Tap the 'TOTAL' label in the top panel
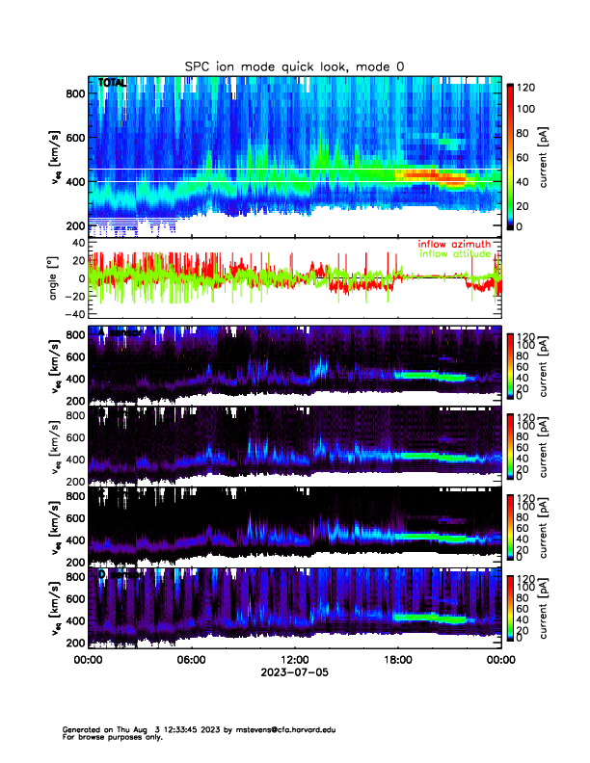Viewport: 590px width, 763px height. coord(112,83)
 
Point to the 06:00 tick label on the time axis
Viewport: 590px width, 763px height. coord(191,660)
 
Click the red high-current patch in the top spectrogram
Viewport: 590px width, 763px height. coord(429,174)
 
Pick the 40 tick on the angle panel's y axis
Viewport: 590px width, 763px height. coord(75,243)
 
